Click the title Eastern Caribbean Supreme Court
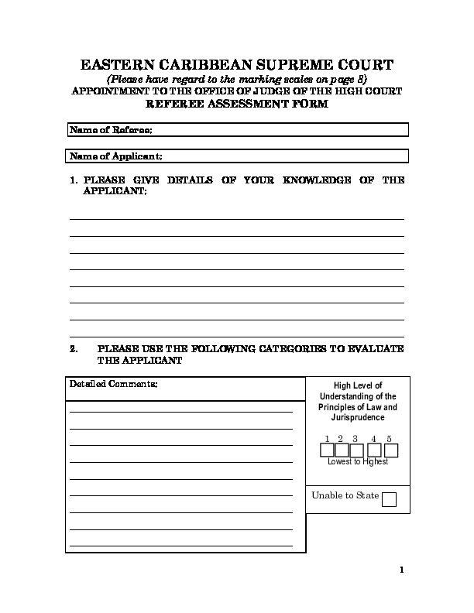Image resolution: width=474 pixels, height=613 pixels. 238,64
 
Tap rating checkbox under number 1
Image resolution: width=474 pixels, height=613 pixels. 328,450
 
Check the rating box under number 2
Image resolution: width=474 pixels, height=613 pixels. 342,450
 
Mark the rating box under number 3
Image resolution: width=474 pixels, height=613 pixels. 356,450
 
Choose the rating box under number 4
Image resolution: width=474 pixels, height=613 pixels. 376,450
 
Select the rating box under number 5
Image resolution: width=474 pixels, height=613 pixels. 391,450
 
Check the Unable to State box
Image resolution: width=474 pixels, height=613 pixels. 390,499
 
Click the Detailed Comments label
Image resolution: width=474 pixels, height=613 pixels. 113,385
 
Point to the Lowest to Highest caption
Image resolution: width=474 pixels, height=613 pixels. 358,462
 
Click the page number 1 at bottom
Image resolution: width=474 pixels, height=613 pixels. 402,571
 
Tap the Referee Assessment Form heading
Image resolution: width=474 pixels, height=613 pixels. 238,104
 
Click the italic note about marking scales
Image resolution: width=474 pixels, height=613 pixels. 237,80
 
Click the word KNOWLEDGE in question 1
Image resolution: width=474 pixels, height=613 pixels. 317,180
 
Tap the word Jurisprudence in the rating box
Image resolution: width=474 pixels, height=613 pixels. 358,417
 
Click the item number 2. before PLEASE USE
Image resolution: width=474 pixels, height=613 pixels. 74,349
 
